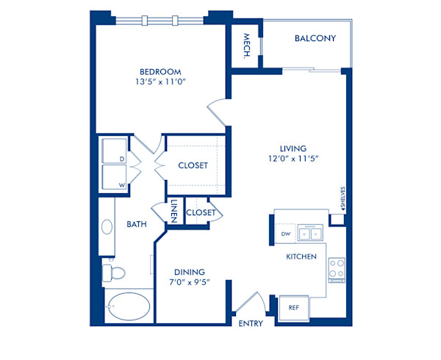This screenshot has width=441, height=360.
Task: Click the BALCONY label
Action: coord(315,38)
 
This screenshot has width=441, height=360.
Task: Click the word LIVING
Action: coord(292,148)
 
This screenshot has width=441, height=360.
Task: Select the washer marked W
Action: coord(114,179)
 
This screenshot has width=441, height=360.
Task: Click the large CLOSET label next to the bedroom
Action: coord(193,165)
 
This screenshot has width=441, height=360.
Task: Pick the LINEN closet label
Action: coord(174,210)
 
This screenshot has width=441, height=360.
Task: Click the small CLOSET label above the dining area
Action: coord(201,213)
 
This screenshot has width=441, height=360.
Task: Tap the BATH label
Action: coord(136,224)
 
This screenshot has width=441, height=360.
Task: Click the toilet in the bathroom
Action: coord(113,273)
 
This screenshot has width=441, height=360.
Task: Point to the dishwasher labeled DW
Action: coord(286,234)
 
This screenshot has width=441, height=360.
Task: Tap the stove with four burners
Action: coord(337,270)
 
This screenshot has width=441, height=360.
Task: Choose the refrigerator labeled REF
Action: coord(293,308)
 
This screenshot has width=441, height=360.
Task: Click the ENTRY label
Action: coord(251,323)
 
